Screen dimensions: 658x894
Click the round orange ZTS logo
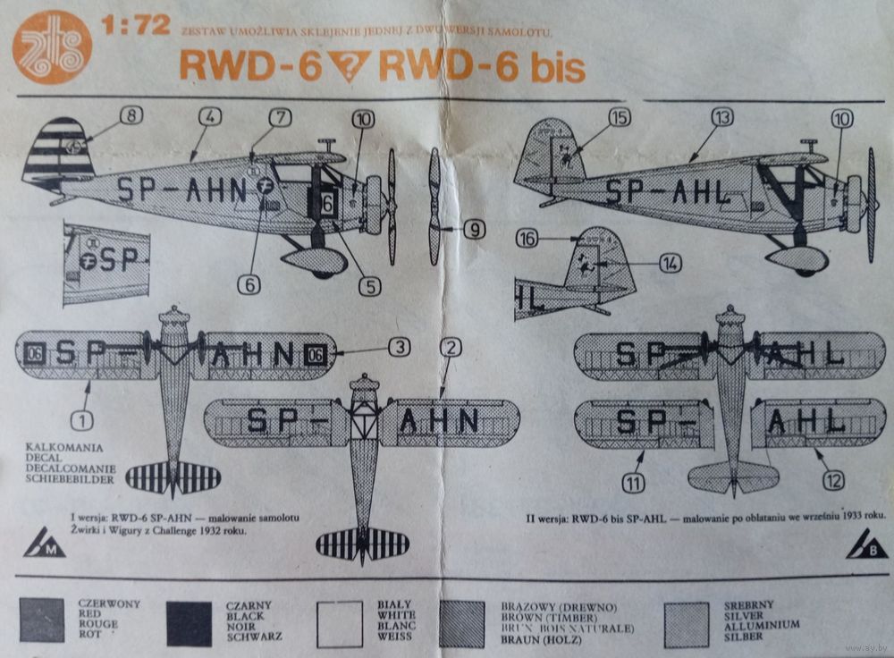[x=51, y=47]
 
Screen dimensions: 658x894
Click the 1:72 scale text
[x=137, y=26]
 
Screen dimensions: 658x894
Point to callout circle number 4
[x=210, y=116]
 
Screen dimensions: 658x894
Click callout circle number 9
[x=473, y=230]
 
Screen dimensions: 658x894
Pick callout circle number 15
[x=619, y=117]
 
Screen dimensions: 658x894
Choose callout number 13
[x=722, y=116]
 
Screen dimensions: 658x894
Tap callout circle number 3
[x=399, y=347]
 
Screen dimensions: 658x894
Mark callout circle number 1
[x=82, y=418]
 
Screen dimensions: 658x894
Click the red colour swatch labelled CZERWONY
[x=42, y=621]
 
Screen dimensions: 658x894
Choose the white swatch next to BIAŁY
[x=340, y=623]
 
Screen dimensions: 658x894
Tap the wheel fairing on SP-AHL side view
[x=797, y=258]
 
